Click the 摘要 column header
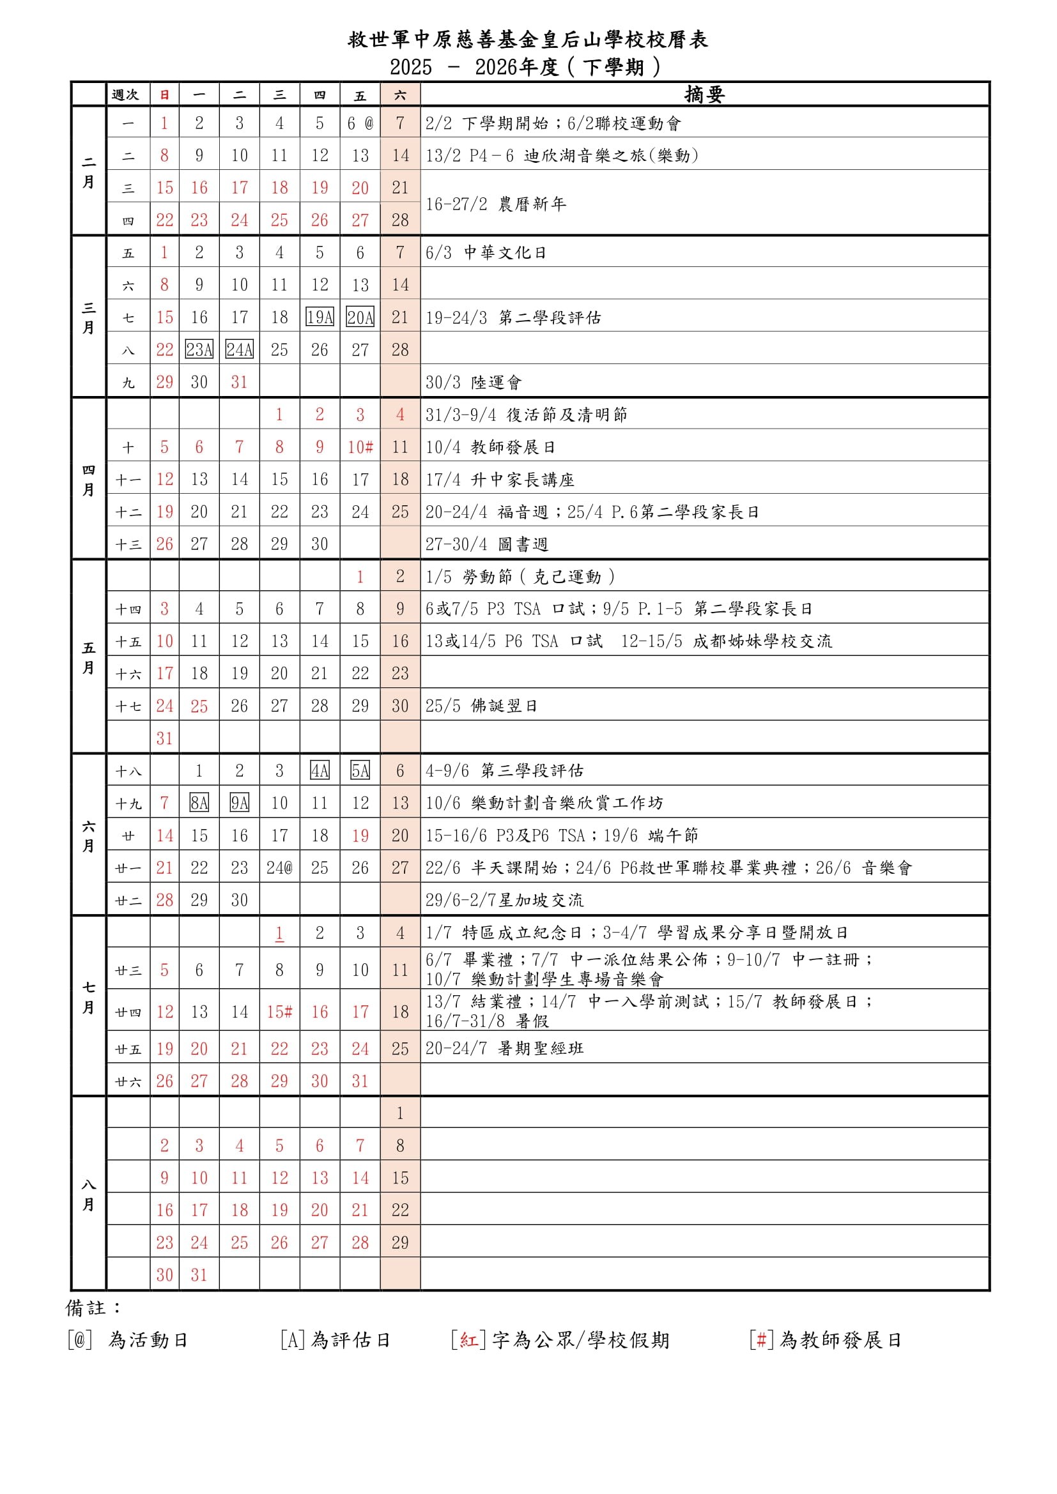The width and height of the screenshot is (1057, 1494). (x=704, y=95)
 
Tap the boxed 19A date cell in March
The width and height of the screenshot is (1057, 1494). (x=320, y=317)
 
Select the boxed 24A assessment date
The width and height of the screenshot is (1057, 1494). (x=240, y=350)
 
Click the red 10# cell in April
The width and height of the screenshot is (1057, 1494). (x=360, y=447)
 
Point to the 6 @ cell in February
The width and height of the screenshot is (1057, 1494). (x=360, y=123)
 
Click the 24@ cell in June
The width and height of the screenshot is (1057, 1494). (x=279, y=867)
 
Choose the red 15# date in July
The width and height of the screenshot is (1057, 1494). (x=279, y=1012)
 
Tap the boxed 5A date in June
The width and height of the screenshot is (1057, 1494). (x=360, y=771)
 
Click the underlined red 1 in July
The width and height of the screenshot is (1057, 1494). (x=279, y=933)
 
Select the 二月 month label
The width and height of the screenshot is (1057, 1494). (x=89, y=172)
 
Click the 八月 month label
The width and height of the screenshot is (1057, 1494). (x=89, y=1194)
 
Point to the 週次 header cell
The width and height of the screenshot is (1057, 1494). (x=126, y=95)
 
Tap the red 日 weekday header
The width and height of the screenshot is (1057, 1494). (x=165, y=95)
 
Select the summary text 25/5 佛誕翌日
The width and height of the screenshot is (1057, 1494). (x=481, y=706)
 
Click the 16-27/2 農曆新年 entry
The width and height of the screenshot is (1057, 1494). (x=495, y=204)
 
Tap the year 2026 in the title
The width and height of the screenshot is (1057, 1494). (x=497, y=67)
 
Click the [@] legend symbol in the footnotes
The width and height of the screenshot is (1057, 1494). (x=80, y=1341)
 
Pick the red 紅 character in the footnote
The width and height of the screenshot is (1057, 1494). (x=468, y=1341)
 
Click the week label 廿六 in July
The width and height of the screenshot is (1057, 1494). (x=128, y=1082)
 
